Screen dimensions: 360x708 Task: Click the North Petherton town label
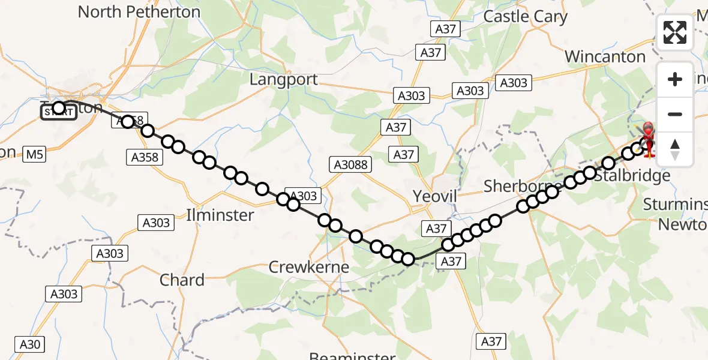tap(139, 11)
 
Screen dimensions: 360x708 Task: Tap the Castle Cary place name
tap(525, 16)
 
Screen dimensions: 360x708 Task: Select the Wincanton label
tap(605, 57)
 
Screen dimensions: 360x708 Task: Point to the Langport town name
tap(284, 79)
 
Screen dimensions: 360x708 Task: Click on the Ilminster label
tap(220, 215)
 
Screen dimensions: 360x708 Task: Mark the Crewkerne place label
tap(309, 268)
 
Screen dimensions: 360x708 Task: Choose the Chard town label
tap(182, 280)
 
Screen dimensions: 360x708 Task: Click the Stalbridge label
tap(632, 176)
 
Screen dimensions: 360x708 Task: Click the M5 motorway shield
tap(35, 155)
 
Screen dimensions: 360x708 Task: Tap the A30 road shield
tap(30, 344)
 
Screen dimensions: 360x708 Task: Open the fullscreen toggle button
tap(675, 32)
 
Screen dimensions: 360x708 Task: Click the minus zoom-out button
tap(675, 114)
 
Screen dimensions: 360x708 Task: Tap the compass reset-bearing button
tap(675, 149)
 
